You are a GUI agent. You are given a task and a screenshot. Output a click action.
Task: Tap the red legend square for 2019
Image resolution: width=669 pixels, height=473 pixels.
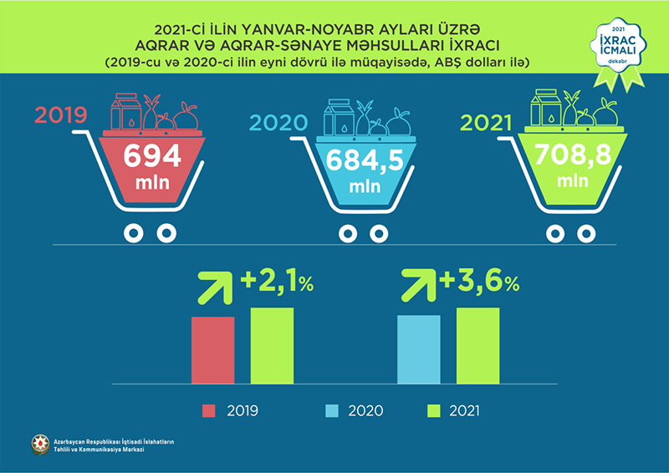pyautogui.click(x=209, y=410)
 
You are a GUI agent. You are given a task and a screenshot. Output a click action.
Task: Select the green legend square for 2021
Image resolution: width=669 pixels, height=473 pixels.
pyautogui.click(x=433, y=410)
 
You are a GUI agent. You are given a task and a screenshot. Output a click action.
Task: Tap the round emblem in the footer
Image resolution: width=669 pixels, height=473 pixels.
pyautogui.click(x=38, y=445)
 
